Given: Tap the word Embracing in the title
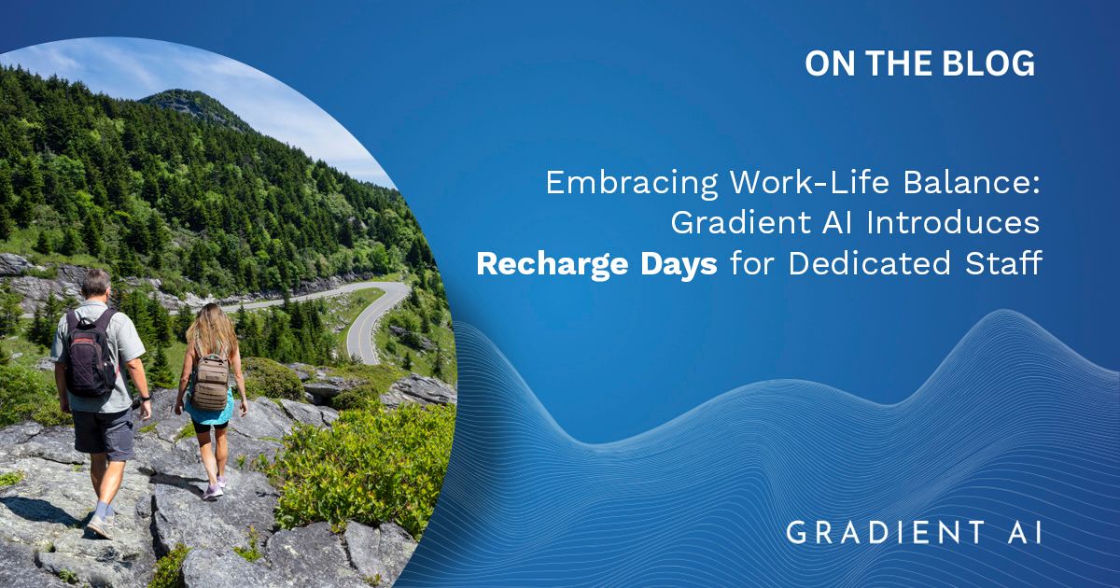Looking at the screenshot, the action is click(x=632, y=183).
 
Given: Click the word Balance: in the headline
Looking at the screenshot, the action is click(x=971, y=182).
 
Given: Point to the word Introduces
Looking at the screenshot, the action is click(x=953, y=222).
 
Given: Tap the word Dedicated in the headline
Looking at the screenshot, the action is click(x=869, y=263).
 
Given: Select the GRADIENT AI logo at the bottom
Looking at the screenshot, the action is click(x=914, y=532).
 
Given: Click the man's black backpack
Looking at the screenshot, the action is click(x=91, y=354).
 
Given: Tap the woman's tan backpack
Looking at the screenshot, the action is click(x=211, y=382).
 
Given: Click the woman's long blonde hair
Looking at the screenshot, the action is click(x=212, y=330).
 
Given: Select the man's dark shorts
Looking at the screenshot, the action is click(x=104, y=433).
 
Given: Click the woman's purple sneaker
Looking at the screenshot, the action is click(x=213, y=492).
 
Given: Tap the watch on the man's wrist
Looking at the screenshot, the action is click(x=146, y=399).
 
